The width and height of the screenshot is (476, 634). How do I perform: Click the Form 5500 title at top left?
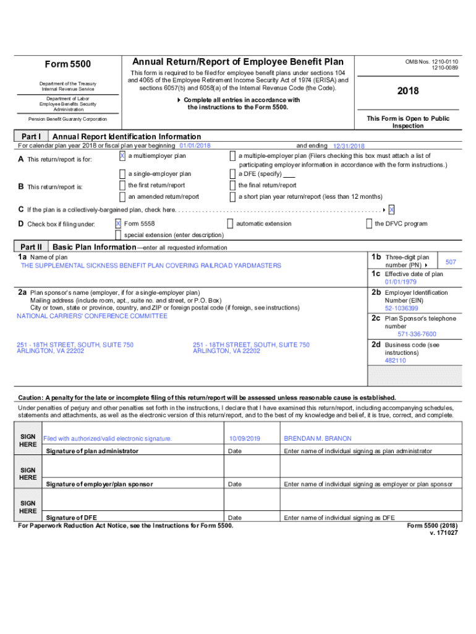(68, 64)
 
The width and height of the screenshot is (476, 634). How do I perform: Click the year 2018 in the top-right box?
(409, 91)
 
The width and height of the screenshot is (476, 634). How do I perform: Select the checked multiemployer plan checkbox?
(122, 156)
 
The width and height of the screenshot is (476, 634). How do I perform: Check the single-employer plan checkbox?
(122, 174)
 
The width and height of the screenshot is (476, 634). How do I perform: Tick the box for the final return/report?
(232, 185)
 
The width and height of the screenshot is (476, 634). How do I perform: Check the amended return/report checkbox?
(122, 197)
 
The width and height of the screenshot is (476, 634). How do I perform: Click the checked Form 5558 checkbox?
(118, 224)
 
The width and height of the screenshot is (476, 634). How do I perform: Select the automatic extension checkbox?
(230, 224)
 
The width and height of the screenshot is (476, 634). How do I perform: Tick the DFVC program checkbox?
(369, 224)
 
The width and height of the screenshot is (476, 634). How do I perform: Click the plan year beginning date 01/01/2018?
(195, 145)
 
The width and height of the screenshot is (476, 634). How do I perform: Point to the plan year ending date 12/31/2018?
(349, 146)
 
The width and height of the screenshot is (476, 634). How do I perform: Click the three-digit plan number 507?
(451, 263)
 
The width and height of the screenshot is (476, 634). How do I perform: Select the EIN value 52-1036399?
(401, 308)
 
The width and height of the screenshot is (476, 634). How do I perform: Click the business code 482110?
(395, 360)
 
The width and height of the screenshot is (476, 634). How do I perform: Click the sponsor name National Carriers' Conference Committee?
(92, 316)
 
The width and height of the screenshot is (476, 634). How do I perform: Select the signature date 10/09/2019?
(244, 438)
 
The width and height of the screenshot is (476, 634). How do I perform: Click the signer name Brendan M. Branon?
(317, 438)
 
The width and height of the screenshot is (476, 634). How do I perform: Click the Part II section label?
(31, 246)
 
